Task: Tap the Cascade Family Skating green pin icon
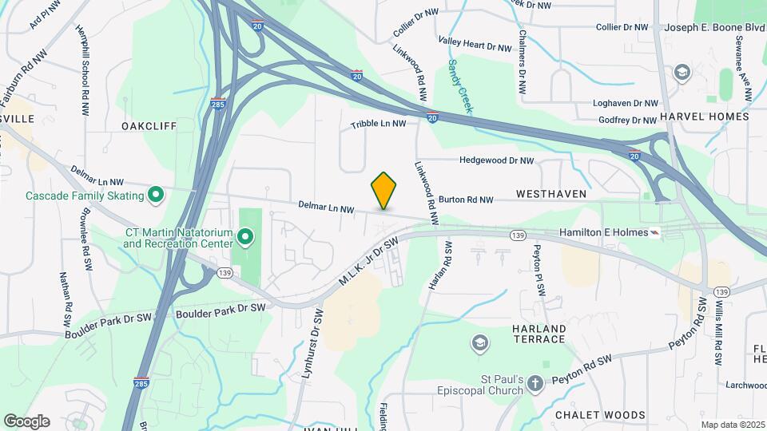coord(157,195)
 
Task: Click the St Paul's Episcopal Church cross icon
coord(535,384)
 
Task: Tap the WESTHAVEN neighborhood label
coord(551,194)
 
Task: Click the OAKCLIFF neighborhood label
coord(149,126)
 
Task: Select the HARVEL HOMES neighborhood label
coord(709,117)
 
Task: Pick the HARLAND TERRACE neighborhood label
coord(539,334)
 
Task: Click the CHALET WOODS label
coord(612,415)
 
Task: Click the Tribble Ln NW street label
coord(379,125)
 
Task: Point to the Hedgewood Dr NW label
coord(496,160)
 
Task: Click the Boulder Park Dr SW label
coord(227,308)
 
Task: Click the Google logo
coord(26,421)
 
